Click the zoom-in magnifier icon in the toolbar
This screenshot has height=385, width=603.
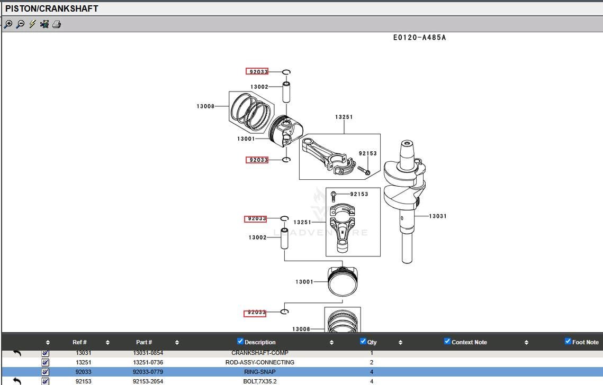(8, 24)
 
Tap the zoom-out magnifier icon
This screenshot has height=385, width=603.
(20, 24)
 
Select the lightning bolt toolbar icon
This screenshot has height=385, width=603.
(32, 24)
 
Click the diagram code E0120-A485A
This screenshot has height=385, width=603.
(419, 38)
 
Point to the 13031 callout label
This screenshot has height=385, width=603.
(437, 216)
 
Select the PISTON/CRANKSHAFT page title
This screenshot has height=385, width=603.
(52, 8)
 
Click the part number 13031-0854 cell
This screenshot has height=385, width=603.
(148, 353)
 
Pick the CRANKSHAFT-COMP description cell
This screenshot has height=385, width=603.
(259, 353)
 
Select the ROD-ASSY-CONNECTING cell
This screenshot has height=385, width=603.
(259, 362)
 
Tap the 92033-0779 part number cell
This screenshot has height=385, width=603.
(148, 372)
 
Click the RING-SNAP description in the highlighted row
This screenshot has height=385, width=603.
(259, 372)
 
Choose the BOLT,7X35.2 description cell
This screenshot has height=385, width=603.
(259, 381)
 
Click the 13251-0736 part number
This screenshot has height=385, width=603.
(148, 362)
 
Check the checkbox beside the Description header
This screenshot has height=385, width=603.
(240, 341)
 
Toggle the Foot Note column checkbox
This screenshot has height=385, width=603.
(568, 341)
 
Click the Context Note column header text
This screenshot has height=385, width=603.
(469, 342)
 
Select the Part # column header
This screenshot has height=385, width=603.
(143, 342)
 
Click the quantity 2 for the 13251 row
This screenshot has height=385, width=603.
(372, 362)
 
